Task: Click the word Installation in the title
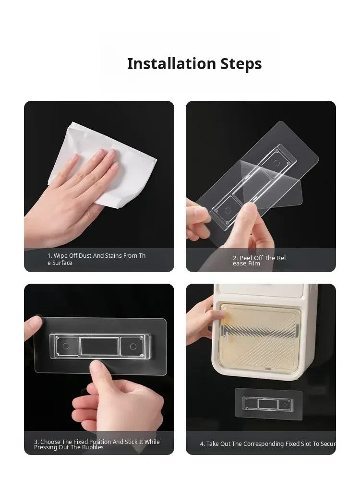172,64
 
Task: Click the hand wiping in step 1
71,196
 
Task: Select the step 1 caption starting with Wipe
96,259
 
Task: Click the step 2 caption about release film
259,261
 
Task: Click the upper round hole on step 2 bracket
276,163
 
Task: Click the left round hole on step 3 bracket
65,346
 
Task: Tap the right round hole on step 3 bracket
133,346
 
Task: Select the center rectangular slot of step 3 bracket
99,346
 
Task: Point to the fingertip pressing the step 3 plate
97,367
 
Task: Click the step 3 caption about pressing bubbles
97,444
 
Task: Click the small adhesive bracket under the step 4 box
268,404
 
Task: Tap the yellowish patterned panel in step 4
260,337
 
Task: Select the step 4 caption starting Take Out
268,444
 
